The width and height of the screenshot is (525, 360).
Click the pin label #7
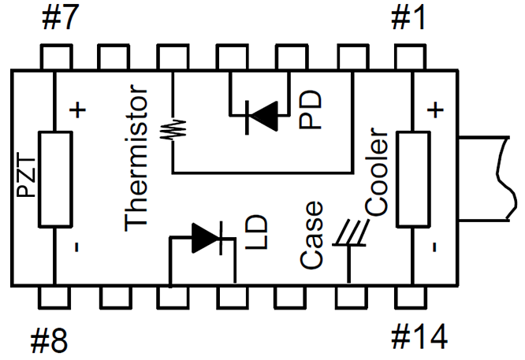(x=58, y=17)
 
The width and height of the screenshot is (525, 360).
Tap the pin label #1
(x=409, y=17)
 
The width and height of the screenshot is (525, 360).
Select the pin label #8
(x=49, y=341)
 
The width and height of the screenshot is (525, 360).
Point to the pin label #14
(x=420, y=338)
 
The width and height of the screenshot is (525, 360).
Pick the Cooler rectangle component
(x=413, y=180)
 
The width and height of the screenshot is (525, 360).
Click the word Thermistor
(x=136, y=161)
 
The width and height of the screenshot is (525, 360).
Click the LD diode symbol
(x=206, y=236)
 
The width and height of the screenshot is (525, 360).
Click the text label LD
(x=257, y=233)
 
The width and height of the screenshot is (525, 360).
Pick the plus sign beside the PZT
(x=76, y=110)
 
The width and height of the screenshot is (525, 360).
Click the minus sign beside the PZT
(x=76, y=247)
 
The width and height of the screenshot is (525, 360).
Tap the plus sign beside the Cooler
(x=436, y=107)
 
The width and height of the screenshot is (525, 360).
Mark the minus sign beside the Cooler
(x=435, y=247)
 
